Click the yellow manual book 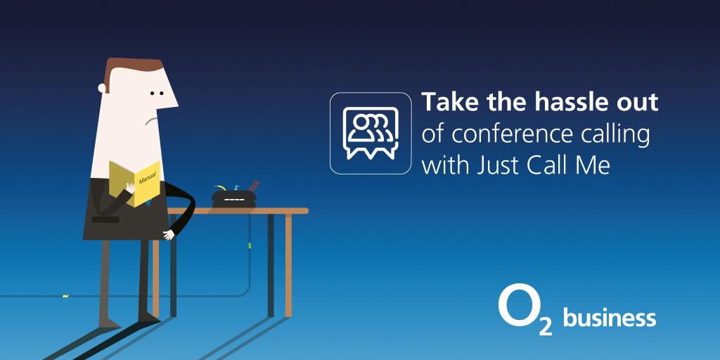pos(134,182)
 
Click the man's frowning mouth pos(148,122)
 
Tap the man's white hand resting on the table pos(168,235)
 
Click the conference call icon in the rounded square pos(371,132)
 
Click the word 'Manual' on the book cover pos(148,174)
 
